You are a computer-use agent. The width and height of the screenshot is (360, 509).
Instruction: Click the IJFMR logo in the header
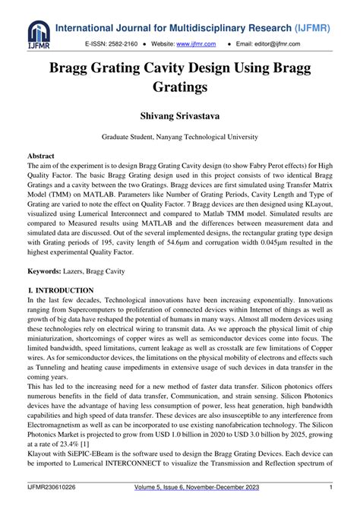tap(37, 34)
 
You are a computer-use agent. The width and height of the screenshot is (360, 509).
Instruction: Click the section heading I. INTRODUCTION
tap(60, 290)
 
